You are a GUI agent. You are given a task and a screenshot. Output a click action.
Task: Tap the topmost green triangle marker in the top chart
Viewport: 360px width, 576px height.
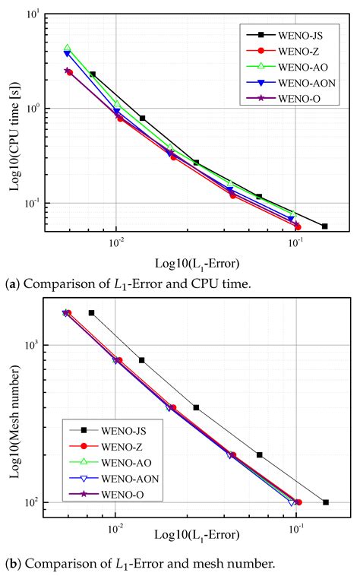point(68,48)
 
